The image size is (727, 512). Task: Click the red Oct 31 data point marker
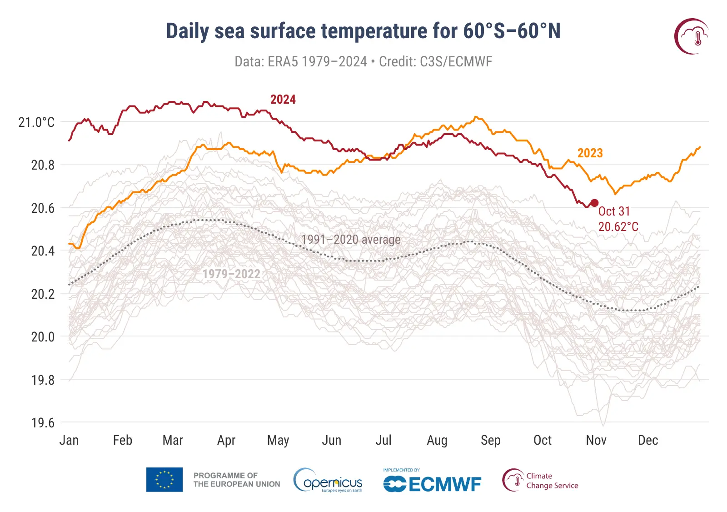(594, 203)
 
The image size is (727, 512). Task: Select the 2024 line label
(283, 100)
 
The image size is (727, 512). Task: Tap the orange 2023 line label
(590, 153)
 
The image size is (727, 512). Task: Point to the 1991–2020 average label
(351, 240)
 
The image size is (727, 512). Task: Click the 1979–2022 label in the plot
(231, 274)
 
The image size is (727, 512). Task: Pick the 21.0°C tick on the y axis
(36, 122)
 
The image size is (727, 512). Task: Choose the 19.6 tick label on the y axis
(43, 423)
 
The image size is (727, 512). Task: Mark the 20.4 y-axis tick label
(43, 251)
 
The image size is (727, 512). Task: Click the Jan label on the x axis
(69, 440)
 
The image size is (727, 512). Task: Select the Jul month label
(383, 440)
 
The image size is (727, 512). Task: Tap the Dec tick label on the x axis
(648, 440)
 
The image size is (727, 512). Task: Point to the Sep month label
(491, 440)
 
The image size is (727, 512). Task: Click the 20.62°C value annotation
(618, 227)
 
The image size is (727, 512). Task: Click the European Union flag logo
(164, 480)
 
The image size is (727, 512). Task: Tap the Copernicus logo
(328, 481)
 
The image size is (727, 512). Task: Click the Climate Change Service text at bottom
(552, 481)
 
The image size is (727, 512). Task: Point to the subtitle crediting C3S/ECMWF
(363, 62)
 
